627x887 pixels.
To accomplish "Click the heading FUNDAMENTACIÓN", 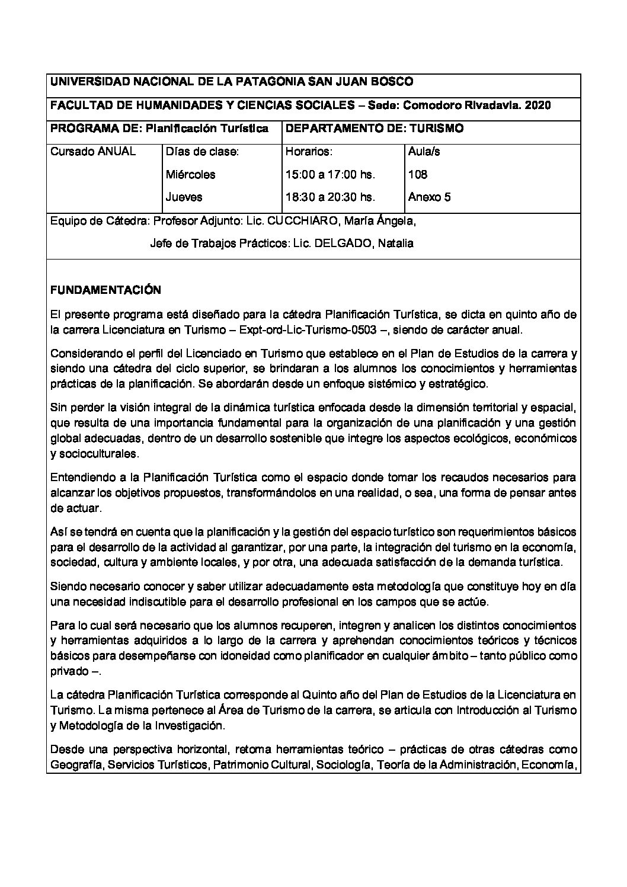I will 105,290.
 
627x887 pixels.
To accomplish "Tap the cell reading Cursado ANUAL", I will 93,152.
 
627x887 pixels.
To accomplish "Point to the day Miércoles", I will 190,175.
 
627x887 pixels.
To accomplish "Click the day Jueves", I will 184,197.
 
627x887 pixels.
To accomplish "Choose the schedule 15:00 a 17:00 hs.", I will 330,175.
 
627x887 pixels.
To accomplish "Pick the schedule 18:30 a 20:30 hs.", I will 330,197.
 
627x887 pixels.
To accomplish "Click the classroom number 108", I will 417,175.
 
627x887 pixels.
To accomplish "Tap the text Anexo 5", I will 429,197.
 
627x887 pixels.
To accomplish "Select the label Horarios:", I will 309,152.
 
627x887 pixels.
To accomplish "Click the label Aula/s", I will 424,152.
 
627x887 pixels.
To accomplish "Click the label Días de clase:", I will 202,152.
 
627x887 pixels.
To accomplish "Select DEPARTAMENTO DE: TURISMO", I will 375,129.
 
